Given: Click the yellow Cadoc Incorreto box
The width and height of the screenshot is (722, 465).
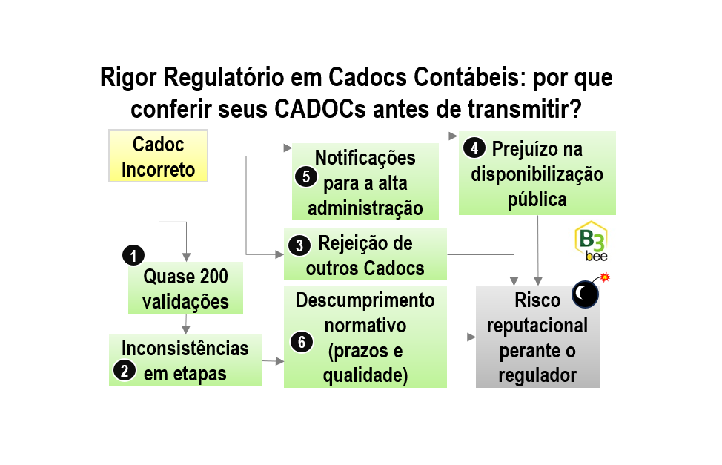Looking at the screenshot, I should pyautogui.click(x=158, y=156).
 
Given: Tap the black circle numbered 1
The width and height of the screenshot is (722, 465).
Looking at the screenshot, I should pyautogui.click(x=133, y=256).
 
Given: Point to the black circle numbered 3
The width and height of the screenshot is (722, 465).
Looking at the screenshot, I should pyautogui.click(x=299, y=245).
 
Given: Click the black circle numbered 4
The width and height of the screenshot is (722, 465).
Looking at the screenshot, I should pyautogui.click(x=473, y=148).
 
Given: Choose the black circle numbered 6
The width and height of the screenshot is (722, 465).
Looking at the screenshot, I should pyautogui.click(x=300, y=341).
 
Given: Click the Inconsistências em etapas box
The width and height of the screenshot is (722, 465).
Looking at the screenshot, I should pyautogui.click(x=185, y=360).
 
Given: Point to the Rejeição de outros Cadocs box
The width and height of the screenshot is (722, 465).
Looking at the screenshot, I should pyautogui.click(x=365, y=255).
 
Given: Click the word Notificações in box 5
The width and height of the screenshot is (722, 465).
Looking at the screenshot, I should pyautogui.click(x=365, y=158).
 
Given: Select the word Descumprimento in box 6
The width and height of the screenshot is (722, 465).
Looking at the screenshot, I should pyautogui.click(x=365, y=300).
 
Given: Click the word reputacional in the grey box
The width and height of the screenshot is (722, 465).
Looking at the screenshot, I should pyautogui.click(x=537, y=326).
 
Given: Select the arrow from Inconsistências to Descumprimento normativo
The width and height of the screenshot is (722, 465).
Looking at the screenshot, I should pyautogui.click(x=273, y=361).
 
